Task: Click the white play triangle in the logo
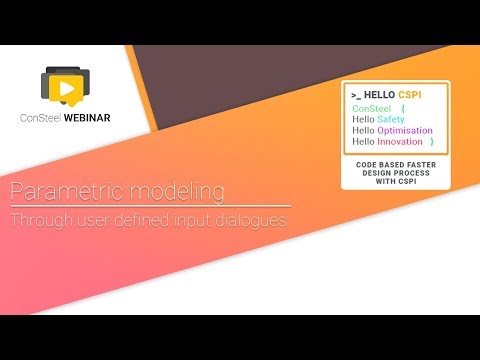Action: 67,89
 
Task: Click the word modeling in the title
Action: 166,192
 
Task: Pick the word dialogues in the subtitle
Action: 249,219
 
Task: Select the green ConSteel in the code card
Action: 371,107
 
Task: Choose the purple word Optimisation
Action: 405,130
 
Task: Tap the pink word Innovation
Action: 401,142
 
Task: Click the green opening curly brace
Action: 401,107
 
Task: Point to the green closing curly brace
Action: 431,142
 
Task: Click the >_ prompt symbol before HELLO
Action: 356,93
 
